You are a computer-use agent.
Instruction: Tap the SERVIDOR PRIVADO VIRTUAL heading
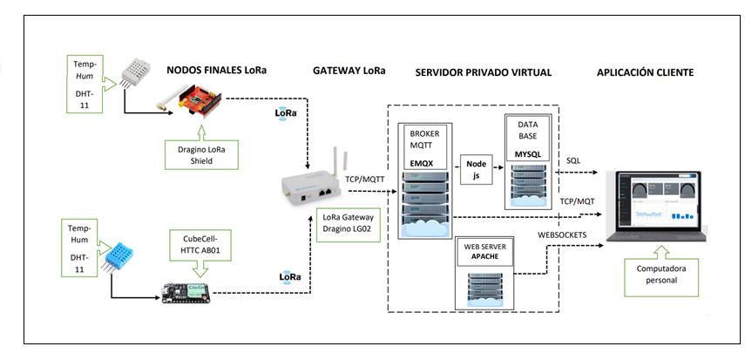tap(484, 72)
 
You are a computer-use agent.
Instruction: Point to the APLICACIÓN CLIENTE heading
tap(645, 72)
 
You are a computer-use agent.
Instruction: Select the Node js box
tap(476, 168)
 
